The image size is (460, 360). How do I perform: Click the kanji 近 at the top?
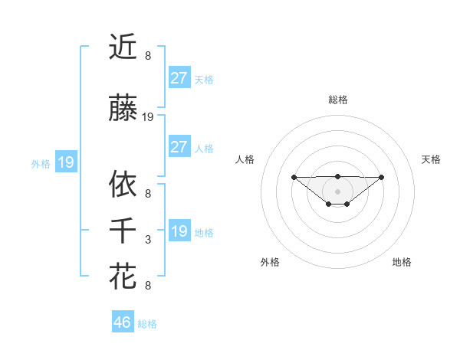[123, 47]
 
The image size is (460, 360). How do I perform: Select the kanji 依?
[123, 184]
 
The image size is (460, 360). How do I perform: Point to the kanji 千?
[123, 230]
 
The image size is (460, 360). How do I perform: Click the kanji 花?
[123, 276]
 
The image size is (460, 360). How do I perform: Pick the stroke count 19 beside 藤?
[148, 117]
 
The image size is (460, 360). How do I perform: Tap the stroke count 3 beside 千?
[148, 240]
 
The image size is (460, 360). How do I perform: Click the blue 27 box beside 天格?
[179, 78]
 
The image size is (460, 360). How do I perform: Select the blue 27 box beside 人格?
[179, 147]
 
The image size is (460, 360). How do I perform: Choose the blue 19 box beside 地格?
[179, 231]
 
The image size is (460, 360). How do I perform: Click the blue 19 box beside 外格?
[65, 162]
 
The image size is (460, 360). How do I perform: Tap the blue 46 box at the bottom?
[123, 322]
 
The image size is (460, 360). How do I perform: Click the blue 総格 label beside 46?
[147, 324]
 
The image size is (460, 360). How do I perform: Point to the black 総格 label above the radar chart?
[337, 100]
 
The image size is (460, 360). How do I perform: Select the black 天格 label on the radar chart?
[431, 159]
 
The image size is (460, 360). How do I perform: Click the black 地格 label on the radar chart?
[402, 262]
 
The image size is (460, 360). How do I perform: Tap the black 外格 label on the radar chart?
[270, 262]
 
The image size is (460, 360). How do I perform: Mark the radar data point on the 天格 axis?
[382, 177]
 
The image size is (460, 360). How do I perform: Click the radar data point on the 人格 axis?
[294, 177]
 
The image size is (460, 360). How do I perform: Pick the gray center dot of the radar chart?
[337, 191]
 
